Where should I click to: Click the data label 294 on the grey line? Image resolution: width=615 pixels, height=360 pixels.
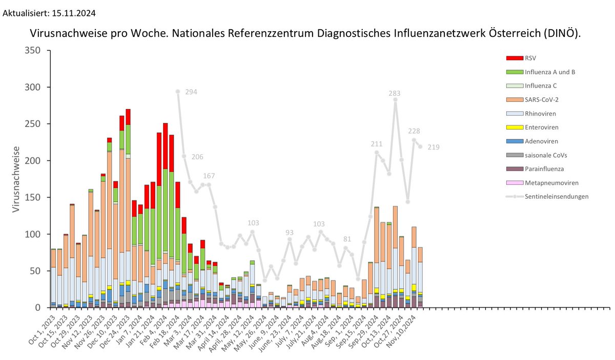click(x=191, y=92)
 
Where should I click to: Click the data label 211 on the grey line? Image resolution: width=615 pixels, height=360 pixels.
click(x=377, y=144)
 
